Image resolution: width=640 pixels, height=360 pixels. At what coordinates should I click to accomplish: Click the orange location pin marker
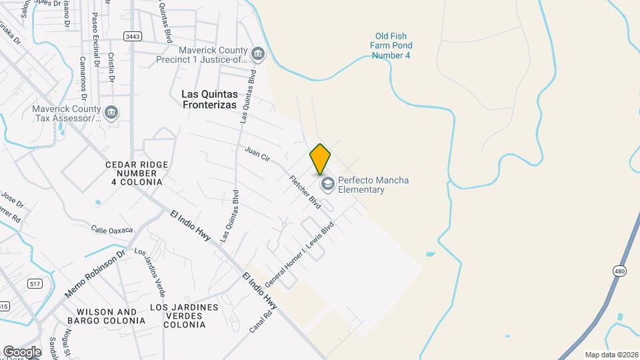(320, 159)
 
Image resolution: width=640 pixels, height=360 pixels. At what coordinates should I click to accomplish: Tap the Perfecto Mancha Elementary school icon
(327, 184)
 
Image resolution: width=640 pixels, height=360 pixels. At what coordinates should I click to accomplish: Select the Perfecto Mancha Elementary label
(373, 185)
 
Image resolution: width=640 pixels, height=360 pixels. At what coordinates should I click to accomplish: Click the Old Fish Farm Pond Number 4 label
(391, 45)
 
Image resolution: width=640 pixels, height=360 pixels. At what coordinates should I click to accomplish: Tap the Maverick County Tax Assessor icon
(111, 111)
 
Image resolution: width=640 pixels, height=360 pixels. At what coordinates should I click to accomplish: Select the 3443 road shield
(132, 36)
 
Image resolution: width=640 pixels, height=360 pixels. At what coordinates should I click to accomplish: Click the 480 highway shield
(619, 270)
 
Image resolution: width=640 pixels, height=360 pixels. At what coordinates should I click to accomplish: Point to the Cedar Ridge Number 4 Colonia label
(137, 173)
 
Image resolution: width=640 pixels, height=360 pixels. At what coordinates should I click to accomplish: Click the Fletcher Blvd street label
(305, 192)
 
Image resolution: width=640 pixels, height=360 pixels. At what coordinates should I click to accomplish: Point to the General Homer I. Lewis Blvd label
(299, 255)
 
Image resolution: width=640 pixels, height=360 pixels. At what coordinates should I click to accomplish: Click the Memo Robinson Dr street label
(95, 274)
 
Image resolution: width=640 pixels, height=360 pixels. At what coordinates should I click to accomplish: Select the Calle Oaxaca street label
(112, 229)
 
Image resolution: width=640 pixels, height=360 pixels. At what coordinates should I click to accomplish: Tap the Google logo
(22, 351)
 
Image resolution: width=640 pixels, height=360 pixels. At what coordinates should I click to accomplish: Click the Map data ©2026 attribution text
(611, 355)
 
